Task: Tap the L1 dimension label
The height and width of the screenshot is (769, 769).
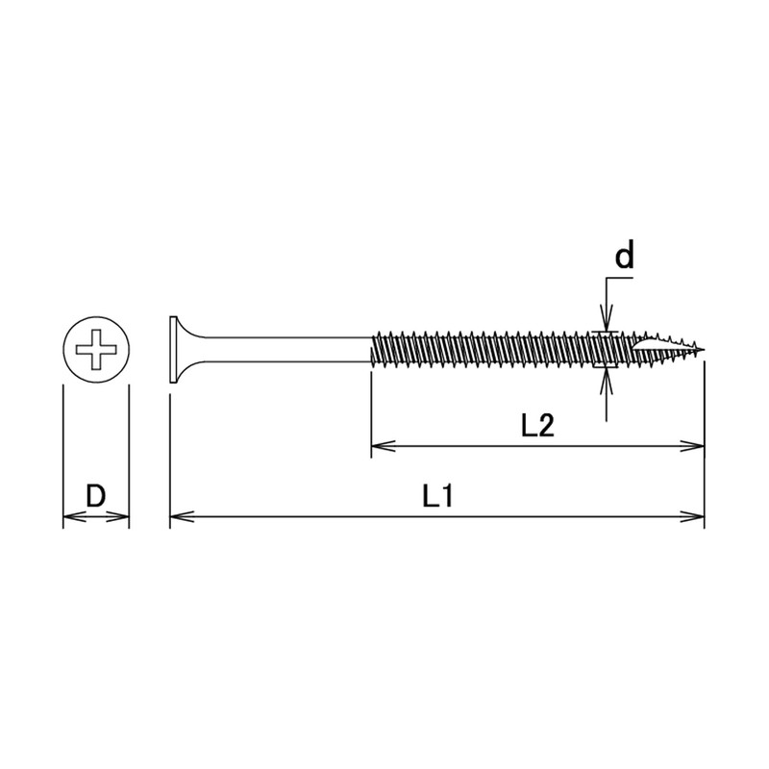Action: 437,498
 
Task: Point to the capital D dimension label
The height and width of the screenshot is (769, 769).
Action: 95,497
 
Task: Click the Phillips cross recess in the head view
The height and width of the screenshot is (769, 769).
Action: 95,349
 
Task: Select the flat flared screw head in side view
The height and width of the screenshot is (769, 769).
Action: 175,349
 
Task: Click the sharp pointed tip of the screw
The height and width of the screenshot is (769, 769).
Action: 703,349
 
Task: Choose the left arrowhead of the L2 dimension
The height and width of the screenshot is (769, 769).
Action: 378,445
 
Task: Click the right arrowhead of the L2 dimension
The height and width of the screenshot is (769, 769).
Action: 697,445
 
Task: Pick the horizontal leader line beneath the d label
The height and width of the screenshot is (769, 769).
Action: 620,279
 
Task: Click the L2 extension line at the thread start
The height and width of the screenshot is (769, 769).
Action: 371,413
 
